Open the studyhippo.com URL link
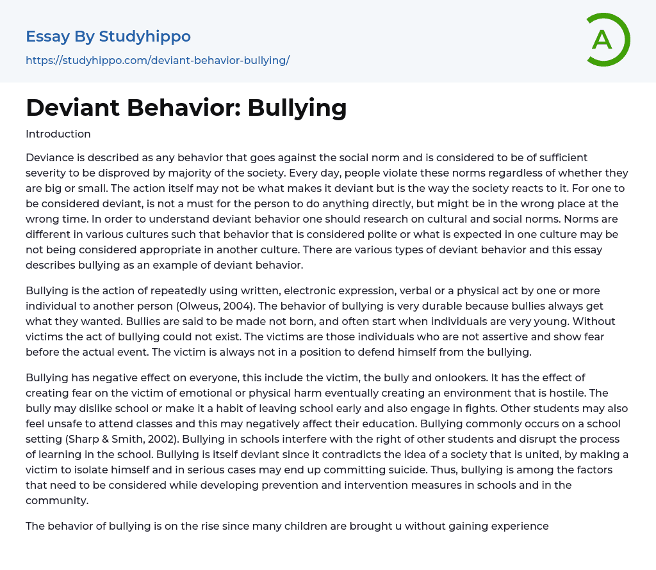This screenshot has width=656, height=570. (158, 61)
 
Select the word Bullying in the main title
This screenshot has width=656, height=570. (297, 107)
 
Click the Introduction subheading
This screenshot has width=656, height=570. (58, 134)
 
